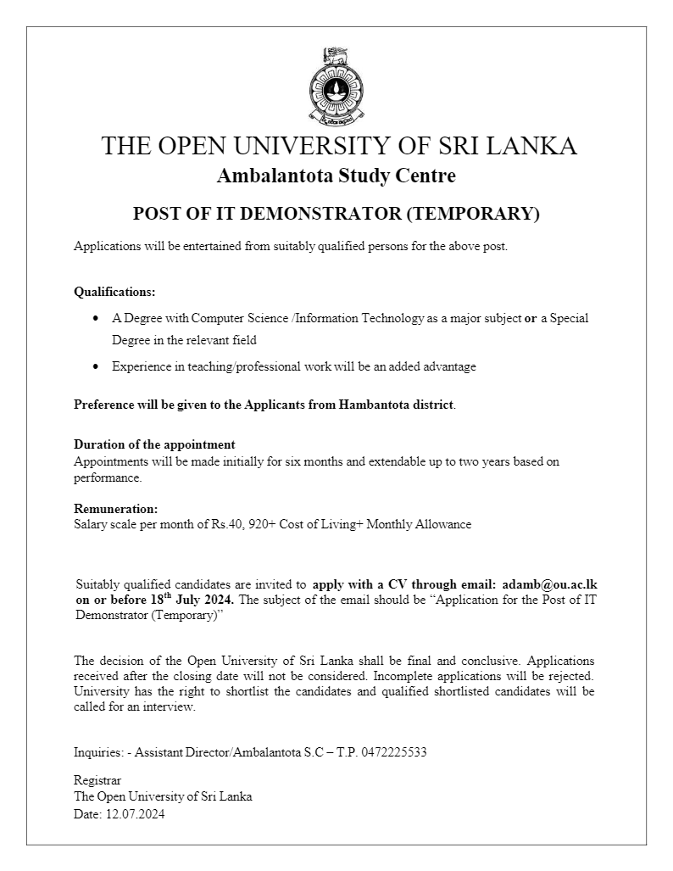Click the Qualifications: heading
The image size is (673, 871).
pyautogui.click(x=114, y=292)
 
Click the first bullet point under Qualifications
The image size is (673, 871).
pyautogui.click(x=95, y=319)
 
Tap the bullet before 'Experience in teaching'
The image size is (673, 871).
pyautogui.click(x=95, y=367)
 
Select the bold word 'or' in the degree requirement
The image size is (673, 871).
pyautogui.click(x=531, y=318)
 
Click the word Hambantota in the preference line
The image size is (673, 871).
pyautogui.click(x=375, y=405)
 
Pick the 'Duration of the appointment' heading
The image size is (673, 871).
pyautogui.click(x=154, y=444)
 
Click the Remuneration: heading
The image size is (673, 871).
pyautogui.click(x=116, y=509)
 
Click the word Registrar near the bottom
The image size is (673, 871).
pyautogui.click(x=97, y=779)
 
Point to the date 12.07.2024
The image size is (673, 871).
pyautogui.click(x=135, y=813)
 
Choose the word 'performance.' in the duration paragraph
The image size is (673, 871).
pyautogui.click(x=108, y=477)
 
